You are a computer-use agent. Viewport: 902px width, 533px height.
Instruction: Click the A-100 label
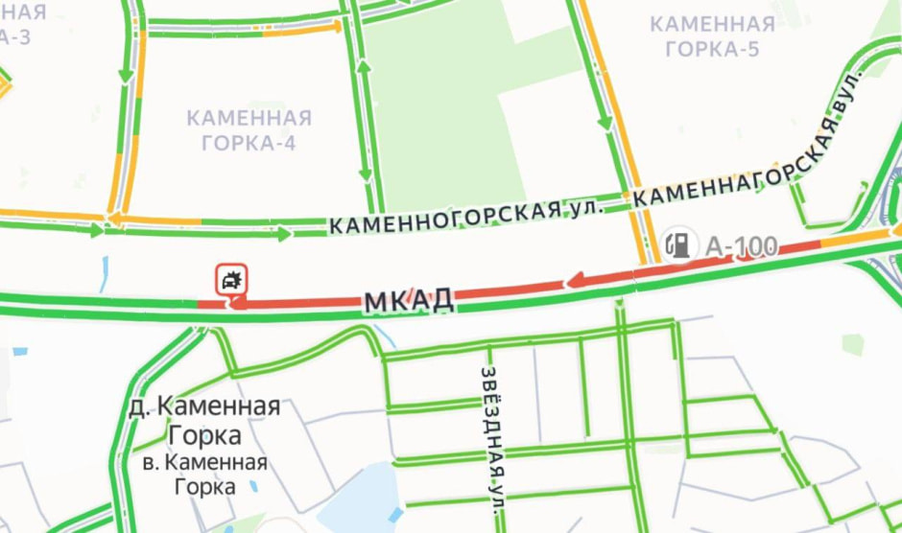coord(742,246)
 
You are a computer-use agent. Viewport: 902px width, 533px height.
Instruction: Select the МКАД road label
coord(409,301)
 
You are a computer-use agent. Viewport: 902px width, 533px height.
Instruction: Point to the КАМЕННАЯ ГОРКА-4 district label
coord(249,130)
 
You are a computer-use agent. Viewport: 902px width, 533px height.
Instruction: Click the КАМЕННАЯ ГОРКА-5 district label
coord(711,36)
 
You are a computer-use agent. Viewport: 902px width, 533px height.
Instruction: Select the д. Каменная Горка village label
coord(203,420)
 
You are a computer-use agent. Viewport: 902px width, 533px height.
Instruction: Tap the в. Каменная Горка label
coord(203,475)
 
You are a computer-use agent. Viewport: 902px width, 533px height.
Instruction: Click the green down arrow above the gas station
coord(605,122)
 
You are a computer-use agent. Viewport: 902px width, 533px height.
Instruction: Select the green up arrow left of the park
coord(364,66)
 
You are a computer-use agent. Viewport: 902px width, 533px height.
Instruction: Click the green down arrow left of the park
coord(366,174)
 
